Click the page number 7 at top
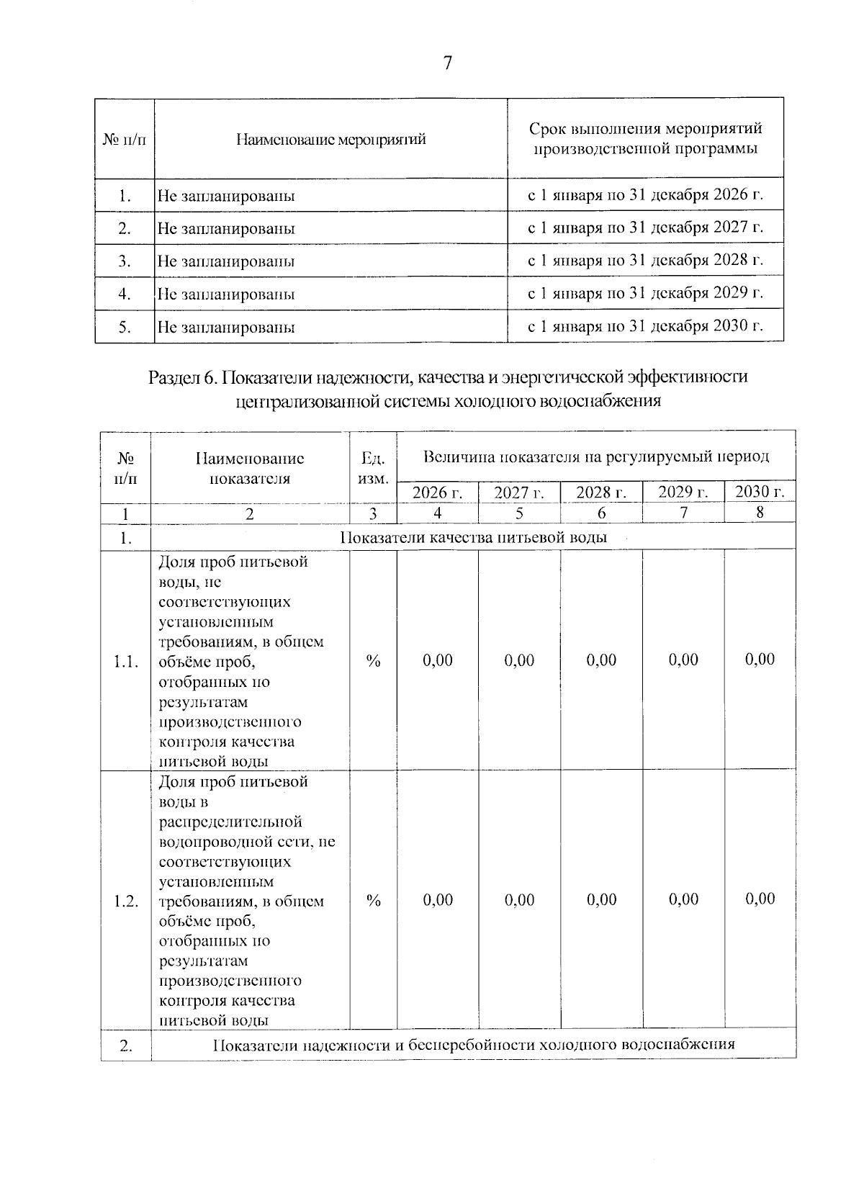point(447,63)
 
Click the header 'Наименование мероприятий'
point(331,139)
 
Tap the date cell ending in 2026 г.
point(645,194)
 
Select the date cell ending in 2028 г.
point(645,260)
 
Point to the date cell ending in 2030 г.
point(645,326)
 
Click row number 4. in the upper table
point(125,294)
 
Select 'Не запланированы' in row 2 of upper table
point(226,229)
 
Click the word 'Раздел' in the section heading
point(173,377)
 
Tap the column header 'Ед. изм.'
point(373,468)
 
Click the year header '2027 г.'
point(518,493)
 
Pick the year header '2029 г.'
point(683,493)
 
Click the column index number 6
point(601,513)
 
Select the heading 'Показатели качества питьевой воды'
point(473,537)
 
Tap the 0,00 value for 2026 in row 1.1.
point(438,660)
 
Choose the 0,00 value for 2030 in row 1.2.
point(760,899)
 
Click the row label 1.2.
point(126,901)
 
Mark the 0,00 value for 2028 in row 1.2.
point(601,899)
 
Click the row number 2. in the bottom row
point(126,1046)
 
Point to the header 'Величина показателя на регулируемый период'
point(596,457)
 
